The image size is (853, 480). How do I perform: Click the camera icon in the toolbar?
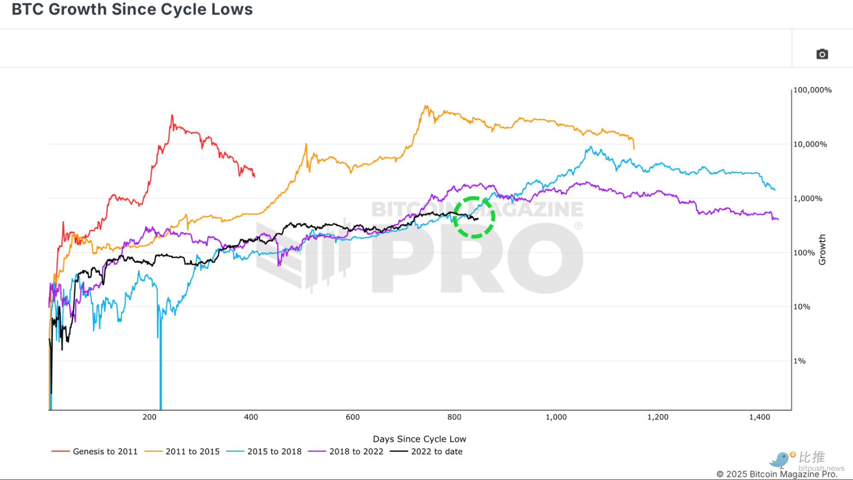point(822,54)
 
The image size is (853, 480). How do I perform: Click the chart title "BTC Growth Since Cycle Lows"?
point(132,9)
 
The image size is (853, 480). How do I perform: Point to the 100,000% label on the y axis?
point(812,90)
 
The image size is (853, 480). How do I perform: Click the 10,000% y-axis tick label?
point(810,144)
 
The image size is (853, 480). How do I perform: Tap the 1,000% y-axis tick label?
point(807,199)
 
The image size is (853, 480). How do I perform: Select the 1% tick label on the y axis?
point(799,361)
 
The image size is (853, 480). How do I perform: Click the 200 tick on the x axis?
point(149,417)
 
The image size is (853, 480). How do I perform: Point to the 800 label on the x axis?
point(454,417)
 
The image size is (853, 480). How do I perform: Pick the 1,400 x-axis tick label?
point(760,417)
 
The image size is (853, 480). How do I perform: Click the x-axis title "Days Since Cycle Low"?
point(419,439)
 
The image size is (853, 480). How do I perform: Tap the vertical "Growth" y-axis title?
point(822,250)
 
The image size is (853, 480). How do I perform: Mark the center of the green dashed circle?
point(474,217)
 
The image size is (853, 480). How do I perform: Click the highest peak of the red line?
point(172,115)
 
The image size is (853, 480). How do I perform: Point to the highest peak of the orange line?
point(425,106)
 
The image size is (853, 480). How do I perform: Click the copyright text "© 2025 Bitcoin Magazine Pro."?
point(777,474)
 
